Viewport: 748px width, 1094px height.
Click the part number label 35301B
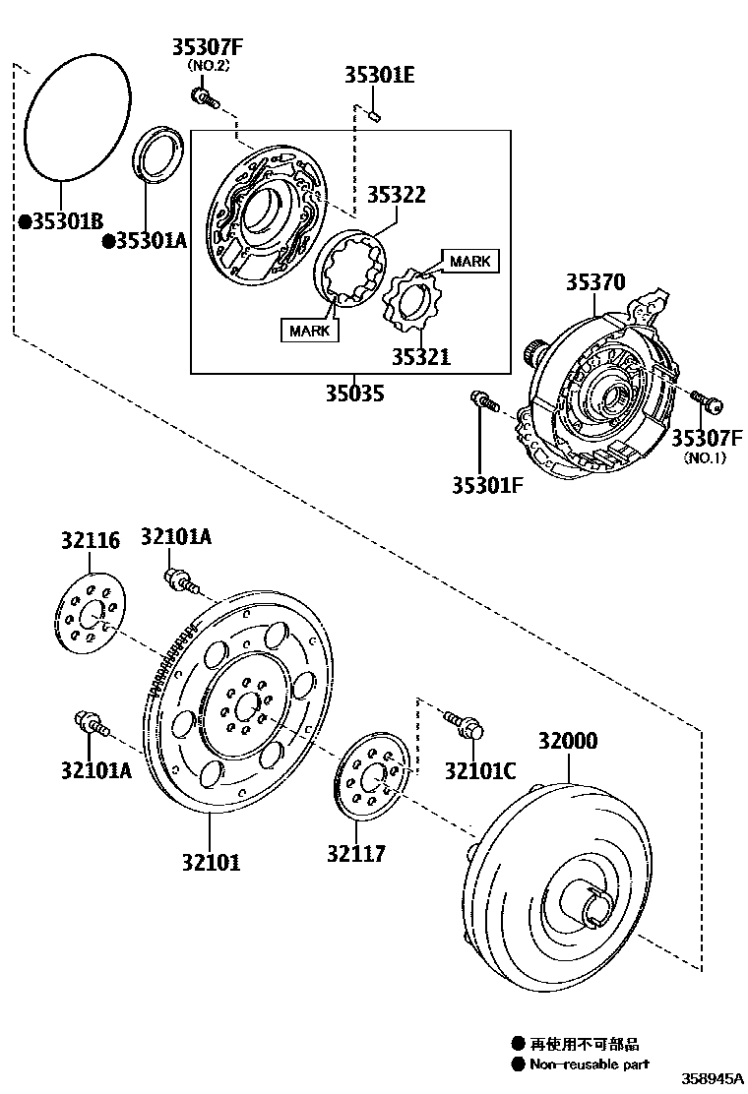67,221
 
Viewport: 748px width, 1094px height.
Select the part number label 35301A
151,240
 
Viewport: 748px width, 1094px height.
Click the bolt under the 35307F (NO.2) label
205,97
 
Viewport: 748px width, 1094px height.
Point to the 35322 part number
397,195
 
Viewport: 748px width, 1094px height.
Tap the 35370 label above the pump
594,282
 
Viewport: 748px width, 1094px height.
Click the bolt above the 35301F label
483,401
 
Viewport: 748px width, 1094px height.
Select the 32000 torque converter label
567,741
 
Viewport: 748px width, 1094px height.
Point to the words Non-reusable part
590,1064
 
